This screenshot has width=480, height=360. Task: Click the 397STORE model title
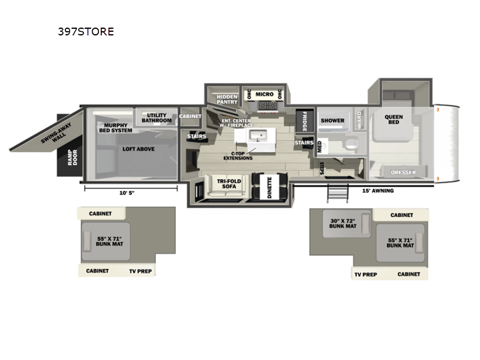(84, 32)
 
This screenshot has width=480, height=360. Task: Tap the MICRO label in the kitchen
(264, 94)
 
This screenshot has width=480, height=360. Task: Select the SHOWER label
(332, 121)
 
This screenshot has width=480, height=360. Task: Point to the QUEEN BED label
(394, 119)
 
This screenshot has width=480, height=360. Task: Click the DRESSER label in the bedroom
(403, 173)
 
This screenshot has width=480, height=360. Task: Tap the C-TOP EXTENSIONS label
(238, 155)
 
